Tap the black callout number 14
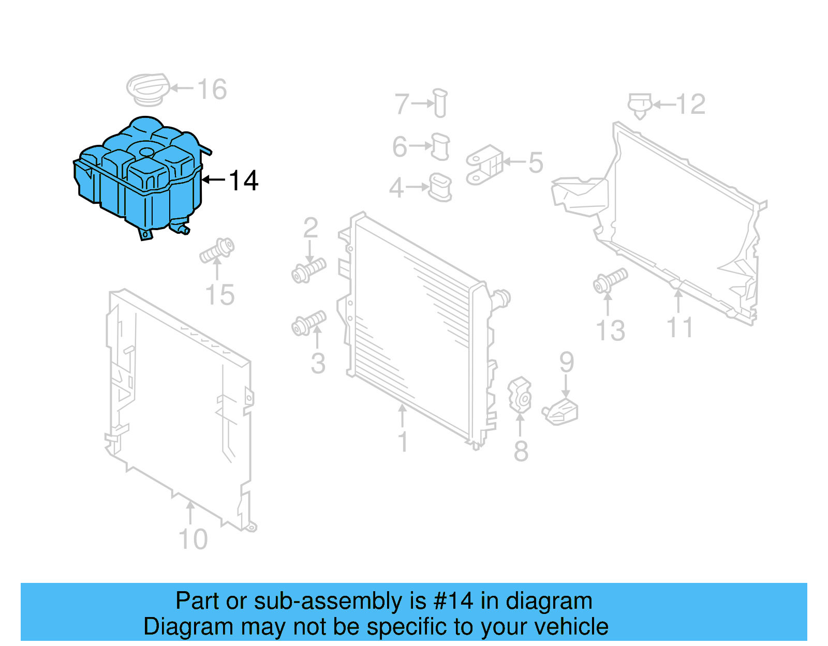(x=243, y=181)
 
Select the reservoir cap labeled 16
(x=148, y=88)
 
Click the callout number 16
(x=212, y=89)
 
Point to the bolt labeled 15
(x=217, y=250)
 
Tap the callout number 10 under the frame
(x=193, y=539)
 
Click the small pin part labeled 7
(x=440, y=103)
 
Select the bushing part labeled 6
(x=440, y=146)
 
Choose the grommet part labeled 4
(x=440, y=187)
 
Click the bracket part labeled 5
(x=484, y=164)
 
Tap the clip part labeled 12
(x=640, y=104)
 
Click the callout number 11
(x=679, y=327)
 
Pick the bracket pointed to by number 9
(x=561, y=413)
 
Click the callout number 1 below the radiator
(x=403, y=442)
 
